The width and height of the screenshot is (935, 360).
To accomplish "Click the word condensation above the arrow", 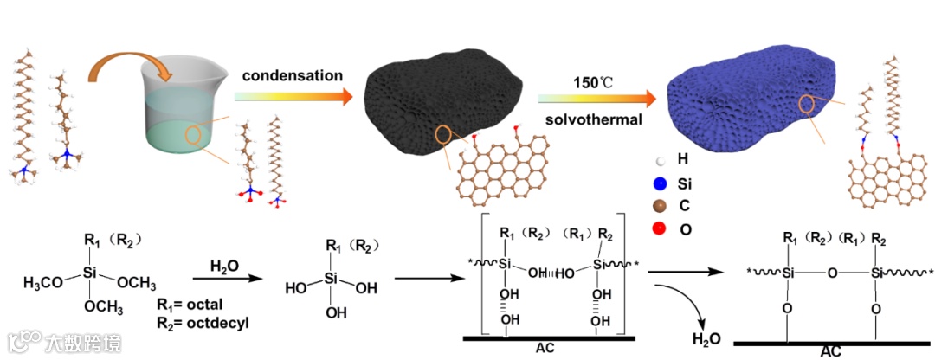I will point(292,75).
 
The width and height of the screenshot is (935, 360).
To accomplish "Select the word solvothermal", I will point(593,119).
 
